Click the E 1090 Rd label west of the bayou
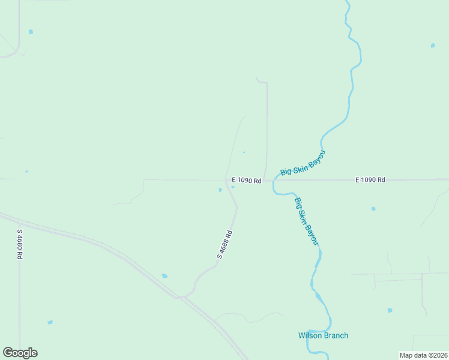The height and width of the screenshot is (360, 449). pyautogui.click(x=247, y=180)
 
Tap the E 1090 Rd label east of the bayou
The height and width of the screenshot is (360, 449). pyautogui.click(x=370, y=179)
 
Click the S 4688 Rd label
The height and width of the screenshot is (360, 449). pyautogui.click(x=224, y=245)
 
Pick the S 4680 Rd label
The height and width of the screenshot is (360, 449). pyautogui.click(x=20, y=244)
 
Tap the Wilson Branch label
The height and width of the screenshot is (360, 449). pyautogui.click(x=323, y=335)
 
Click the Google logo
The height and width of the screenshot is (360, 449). pyautogui.click(x=20, y=353)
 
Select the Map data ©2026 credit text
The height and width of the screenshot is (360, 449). pyautogui.click(x=423, y=355)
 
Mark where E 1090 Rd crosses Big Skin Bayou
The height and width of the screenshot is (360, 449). pyautogui.click(x=275, y=179)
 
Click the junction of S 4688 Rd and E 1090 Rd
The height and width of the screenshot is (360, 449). pyautogui.click(x=226, y=180)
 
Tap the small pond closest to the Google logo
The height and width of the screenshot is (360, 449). pyautogui.click(x=50, y=322)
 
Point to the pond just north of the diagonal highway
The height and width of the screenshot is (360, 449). pyautogui.click(x=164, y=276)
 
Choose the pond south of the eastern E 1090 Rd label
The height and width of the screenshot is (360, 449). pyautogui.click(x=373, y=209)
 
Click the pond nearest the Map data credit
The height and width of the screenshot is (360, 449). pyautogui.click(x=390, y=310)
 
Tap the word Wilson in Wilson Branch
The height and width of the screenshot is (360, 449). pyautogui.click(x=310, y=335)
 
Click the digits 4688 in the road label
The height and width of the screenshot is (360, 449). pyautogui.click(x=225, y=242)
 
